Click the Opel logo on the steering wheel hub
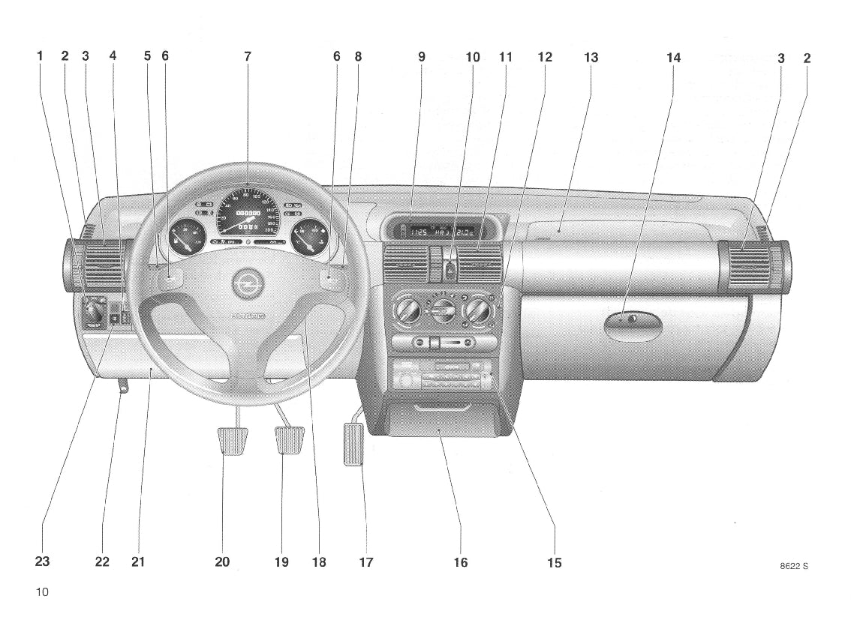(x=244, y=283)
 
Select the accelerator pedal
(x=353, y=444)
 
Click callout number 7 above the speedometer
(x=248, y=57)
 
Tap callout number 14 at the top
(x=673, y=57)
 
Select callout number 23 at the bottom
(x=42, y=562)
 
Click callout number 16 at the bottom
(x=460, y=562)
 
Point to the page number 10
(x=41, y=592)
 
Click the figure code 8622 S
(x=793, y=566)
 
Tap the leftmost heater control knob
(x=408, y=308)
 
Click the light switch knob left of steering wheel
(x=95, y=310)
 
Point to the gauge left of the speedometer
(x=183, y=241)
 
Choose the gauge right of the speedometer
(x=310, y=241)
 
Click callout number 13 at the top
(x=591, y=57)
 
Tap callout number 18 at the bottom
(x=319, y=562)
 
